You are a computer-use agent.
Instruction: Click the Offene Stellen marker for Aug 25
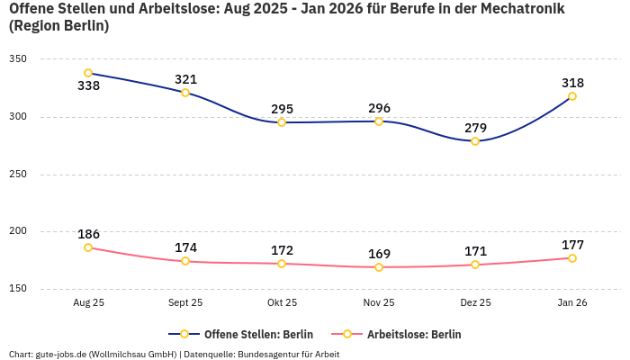pyautogui.click(x=88, y=73)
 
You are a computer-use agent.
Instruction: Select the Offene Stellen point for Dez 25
pyautogui.click(x=475, y=141)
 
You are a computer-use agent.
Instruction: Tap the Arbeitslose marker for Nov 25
pyautogui.click(x=379, y=267)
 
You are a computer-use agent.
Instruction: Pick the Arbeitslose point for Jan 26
pyautogui.click(x=571, y=258)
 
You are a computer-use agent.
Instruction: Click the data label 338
pyautogui.click(x=88, y=86)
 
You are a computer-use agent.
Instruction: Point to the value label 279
pyautogui.click(x=475, y=128)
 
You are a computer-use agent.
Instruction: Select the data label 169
pyautogui.click(x=379, y=254)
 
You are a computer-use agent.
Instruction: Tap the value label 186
pyautogui.click(x=88, y=234)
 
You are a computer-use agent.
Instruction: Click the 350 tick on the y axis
pyautogui.click(x=18, y=58)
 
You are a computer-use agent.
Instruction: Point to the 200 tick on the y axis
pyautogui.click(x=18, y=231)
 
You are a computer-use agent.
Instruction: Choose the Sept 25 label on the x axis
pyautogui.click(x=185, y=303)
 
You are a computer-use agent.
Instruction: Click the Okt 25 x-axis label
pyautogui.click(x=282, y=303)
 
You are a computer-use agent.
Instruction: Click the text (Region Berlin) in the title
pyautogui.click(x=58, y=26)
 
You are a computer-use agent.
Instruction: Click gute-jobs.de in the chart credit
pyautogui.click(x=60, y=355)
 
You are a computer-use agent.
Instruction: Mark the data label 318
pyautogui.click(x=572, y=83)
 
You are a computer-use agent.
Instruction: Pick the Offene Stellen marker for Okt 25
pyautogui.click(x=282, y=122)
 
